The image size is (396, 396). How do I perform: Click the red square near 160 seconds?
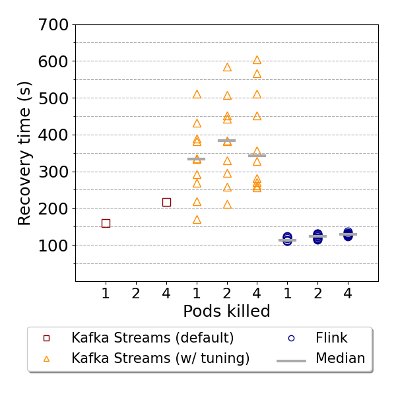106,223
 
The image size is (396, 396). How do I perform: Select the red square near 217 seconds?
166,202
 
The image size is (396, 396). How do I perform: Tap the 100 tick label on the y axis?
54,246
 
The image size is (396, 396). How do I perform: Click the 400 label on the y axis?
54,135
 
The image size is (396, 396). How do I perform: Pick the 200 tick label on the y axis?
54,209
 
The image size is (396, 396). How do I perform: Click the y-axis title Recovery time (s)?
25,153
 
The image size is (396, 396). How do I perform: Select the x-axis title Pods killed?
226,312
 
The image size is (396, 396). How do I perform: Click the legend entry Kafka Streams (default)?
152,338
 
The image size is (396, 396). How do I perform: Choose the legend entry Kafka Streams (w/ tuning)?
160,359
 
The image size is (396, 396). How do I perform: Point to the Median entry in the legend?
340,359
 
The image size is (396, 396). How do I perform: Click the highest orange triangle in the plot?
257,60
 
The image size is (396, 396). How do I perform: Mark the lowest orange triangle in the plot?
197,219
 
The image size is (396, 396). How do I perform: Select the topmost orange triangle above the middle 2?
227,67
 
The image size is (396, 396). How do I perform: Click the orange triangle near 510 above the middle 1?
197,94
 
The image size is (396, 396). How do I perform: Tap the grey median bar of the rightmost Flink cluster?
348,234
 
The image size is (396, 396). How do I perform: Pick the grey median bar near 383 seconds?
227,141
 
